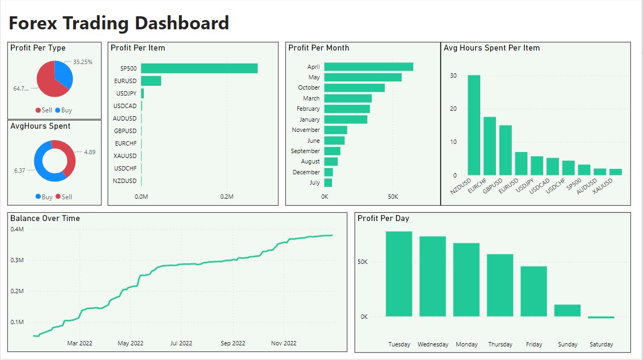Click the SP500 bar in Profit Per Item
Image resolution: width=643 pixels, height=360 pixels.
[x=199, y=68]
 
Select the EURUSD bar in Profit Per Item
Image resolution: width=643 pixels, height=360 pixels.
[x=151, y=81]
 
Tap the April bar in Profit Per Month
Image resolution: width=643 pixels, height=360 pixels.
[x=368, y=67]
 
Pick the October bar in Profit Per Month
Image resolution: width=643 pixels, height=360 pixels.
[x=354, y=88]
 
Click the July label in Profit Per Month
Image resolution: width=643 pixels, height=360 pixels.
[x=315, y=183]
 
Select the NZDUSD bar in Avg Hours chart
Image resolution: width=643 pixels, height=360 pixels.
[x=474, y=125]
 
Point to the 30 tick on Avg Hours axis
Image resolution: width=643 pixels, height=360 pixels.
[x=454, y=75]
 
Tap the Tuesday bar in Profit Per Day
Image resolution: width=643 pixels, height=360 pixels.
[x=399, y=274]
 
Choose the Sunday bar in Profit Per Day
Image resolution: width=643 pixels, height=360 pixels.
[x=567, y=311]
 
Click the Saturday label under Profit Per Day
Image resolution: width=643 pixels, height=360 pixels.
[x=601, y=344]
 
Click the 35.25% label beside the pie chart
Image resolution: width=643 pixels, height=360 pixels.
[x=83, y=62]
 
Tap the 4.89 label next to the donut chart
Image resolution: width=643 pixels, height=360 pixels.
[x=90, y=152]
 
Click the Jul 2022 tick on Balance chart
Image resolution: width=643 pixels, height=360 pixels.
[x=181, y=343]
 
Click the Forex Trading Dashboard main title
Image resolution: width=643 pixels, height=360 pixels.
[x=119, y=23]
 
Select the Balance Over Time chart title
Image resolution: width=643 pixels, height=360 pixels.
[x=45, y=218]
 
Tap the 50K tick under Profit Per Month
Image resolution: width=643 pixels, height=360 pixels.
[x=393, y=197]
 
